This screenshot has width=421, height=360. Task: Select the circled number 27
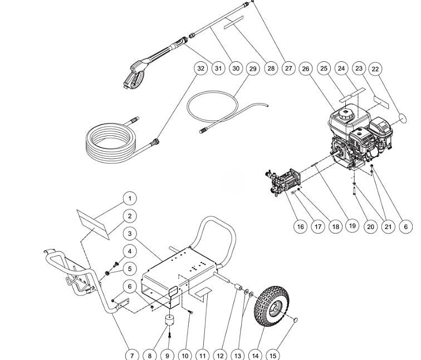coord(288,69)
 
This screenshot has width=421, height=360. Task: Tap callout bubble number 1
coord(129,198)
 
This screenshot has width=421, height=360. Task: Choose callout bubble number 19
coord(351,226)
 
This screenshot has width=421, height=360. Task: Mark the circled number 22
coord(375,69)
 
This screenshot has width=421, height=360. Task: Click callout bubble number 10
coord(185,355)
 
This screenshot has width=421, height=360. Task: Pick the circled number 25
coord(324,69)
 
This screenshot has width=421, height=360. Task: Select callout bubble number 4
coord(129,251)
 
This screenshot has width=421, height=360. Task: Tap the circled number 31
coord(218,69)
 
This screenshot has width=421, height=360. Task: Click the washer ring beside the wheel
coord(250,294)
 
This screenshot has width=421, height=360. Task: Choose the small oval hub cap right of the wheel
coord(296,319)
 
